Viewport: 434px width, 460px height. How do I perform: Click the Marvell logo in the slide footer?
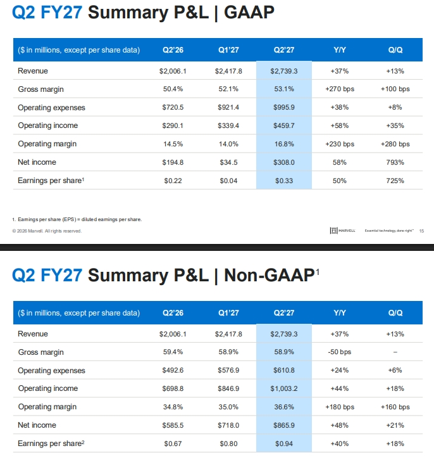343,231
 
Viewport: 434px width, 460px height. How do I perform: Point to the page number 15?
421,231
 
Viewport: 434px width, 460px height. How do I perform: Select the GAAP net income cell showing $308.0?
284,162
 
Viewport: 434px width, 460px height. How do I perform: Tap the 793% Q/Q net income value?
395,162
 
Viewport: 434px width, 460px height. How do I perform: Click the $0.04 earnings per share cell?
228,181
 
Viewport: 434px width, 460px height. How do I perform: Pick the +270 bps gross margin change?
340,89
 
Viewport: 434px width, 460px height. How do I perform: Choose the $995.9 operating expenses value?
284,107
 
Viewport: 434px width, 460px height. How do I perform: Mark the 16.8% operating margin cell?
284,144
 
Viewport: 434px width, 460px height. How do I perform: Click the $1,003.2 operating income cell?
284,388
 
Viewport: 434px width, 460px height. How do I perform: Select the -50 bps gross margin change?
340,352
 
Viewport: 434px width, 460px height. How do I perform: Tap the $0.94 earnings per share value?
284,444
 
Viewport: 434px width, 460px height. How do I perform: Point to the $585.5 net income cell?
173,425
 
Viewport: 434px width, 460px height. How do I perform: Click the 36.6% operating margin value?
284,407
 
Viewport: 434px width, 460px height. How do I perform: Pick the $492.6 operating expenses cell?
173,370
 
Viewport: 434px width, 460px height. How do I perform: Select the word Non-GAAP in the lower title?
269,275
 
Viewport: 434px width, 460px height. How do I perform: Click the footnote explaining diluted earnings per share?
77,219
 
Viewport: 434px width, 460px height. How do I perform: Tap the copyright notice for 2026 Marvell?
47,231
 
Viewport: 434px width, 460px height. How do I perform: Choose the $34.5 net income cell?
228,162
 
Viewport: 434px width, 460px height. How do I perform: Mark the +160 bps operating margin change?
395,407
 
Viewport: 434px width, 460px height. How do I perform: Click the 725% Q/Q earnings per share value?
395,181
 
